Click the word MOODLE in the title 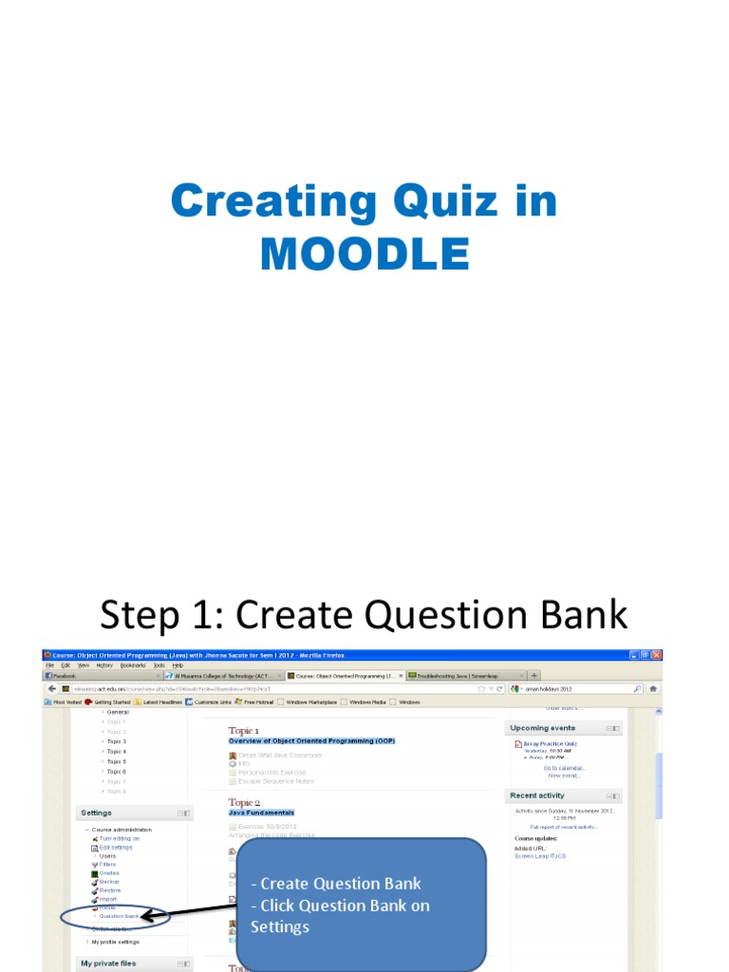(x=364, y=253)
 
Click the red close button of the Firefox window (x=656, y=655)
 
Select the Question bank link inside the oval (x=119, y=916)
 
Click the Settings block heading (x=97, y=813)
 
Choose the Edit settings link (x=116, y=847)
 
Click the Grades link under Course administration (x=109, y=872)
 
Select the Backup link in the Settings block (x=109, y=881)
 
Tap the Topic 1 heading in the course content (x=243, y=730)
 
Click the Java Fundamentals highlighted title (x=261, y=813)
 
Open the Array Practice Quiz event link (x=550, y=743)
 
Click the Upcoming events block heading (x=543, y=728)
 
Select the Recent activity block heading (x=537, y=795)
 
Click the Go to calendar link (x=564, y=768)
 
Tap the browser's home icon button (x=652, y=688)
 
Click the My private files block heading (x=108, y=963)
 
